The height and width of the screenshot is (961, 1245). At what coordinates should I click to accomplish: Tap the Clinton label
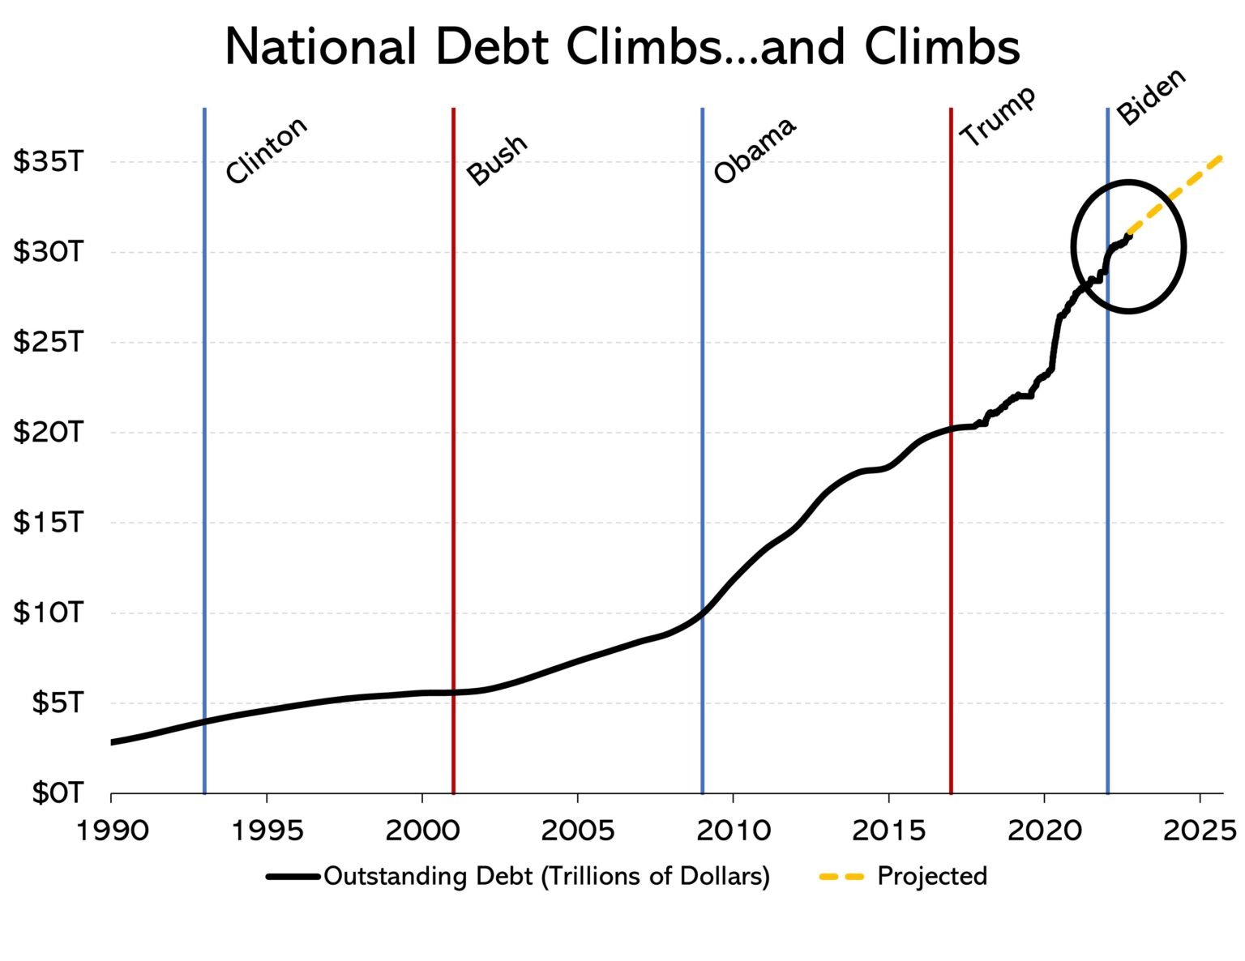pos(266,151)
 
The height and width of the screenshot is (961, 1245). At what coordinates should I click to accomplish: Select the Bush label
pos(497,160)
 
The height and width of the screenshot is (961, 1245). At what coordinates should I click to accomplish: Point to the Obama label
pos(755,151)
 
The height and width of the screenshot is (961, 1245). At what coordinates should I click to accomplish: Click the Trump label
pos(998,116)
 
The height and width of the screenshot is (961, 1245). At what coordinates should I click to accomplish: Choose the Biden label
pos(1151,96)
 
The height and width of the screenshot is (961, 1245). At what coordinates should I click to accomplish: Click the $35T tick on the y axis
pos(49,162)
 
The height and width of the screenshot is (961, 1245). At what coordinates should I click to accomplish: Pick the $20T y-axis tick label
pos(49,432)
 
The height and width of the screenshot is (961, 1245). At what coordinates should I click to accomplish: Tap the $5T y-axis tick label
pos(57,703)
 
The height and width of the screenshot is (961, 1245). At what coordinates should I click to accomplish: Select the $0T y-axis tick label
pos(57,792)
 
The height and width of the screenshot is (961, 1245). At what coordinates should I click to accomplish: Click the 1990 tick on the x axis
pos(111,830)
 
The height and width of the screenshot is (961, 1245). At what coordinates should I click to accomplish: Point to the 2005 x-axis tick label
pos(577,830)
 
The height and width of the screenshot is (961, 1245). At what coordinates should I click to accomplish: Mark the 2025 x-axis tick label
pos(1200,830)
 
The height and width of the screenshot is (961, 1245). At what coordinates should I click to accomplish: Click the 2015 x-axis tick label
pos(888,830)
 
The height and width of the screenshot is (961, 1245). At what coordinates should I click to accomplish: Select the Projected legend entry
pos(932,876)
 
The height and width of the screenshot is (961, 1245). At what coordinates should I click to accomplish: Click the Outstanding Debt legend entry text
pos(546,876)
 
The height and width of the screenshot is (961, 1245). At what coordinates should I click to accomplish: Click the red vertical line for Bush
pos(453,486)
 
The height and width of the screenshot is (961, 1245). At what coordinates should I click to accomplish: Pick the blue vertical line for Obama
pos(702,405)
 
